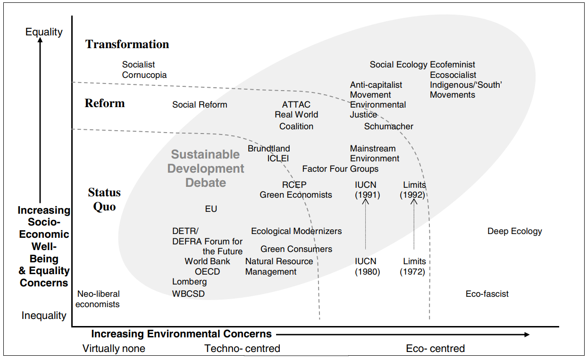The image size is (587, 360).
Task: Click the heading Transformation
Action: (127, 44)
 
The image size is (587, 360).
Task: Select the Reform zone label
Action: (105, 103)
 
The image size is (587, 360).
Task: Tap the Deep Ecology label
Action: (514, 231)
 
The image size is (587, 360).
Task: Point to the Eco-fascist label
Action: (487, 294)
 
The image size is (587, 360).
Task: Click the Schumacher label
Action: (388, 126)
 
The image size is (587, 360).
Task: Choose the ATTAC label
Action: (296, 105)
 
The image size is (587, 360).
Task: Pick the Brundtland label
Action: (269, 149)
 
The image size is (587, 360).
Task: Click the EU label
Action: (211, 209)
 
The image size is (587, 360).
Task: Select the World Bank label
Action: (208, 261)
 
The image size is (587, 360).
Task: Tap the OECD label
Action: (207, 272)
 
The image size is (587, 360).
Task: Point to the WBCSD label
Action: (188, 294)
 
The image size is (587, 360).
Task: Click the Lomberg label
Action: (189, 282)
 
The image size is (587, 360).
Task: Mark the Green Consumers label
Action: (296, 249)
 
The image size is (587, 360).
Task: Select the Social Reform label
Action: (200, 105)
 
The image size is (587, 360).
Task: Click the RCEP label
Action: (294, 185)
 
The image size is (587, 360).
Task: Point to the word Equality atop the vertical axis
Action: (44, 32)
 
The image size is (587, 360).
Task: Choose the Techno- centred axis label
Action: (242, 349)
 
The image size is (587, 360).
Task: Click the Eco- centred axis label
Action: (435, 349)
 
